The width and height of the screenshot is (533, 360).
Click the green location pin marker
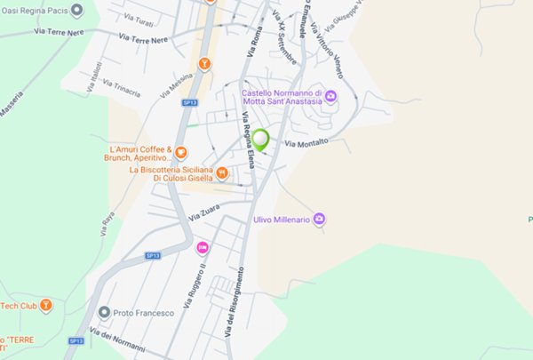click(260, 139)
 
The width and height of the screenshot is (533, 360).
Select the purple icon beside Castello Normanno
click(331, 96)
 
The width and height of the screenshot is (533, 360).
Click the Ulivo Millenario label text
click(280, 219)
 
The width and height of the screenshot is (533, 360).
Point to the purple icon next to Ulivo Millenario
click(320, 219)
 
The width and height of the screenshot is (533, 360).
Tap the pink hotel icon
click(203, 246)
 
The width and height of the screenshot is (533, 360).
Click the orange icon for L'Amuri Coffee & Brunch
click(181, 153)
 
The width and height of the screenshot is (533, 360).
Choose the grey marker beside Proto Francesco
click(105, 312)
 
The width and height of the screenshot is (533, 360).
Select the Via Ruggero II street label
click(195, 285)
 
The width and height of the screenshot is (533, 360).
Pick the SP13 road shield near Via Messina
click(188, 103)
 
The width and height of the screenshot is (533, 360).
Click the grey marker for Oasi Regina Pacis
click(76, 11)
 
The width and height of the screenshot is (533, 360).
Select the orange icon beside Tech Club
click(46, 306)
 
